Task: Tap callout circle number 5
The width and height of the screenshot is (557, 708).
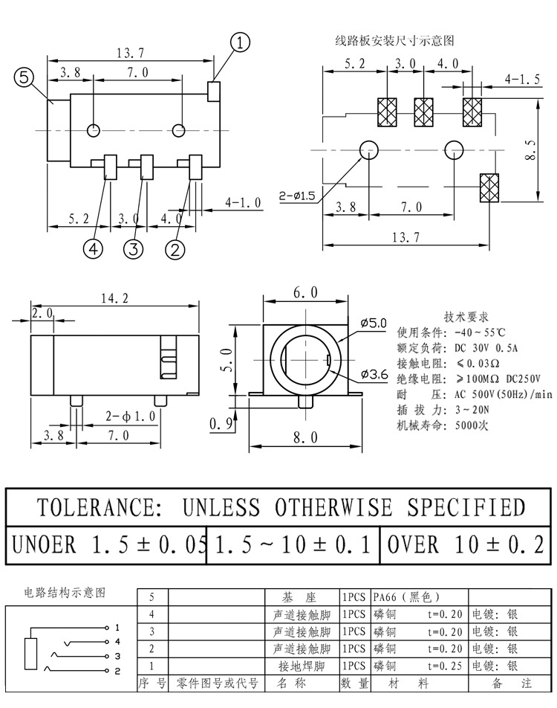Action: pos(25,78)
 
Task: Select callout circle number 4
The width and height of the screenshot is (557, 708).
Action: pos(94,249)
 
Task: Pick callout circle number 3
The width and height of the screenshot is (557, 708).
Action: pos(133,249)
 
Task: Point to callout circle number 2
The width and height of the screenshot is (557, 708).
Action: pos(175,249)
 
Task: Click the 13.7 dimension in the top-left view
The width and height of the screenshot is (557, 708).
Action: pos(130,52)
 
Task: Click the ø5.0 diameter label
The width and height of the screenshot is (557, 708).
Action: pos(374,323)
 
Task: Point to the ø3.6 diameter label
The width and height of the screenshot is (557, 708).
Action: pos(374,374)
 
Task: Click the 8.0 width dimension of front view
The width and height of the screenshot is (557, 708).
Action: pos(304,437)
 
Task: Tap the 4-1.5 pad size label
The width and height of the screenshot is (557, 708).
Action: pos(522,79)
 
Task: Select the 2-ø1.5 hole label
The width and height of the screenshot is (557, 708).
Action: pos(297,196)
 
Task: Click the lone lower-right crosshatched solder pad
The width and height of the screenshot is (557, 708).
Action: pos(489,187)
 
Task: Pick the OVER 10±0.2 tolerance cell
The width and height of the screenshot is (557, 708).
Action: pos(466,544)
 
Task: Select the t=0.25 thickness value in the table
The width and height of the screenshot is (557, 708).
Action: pos(446,666)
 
